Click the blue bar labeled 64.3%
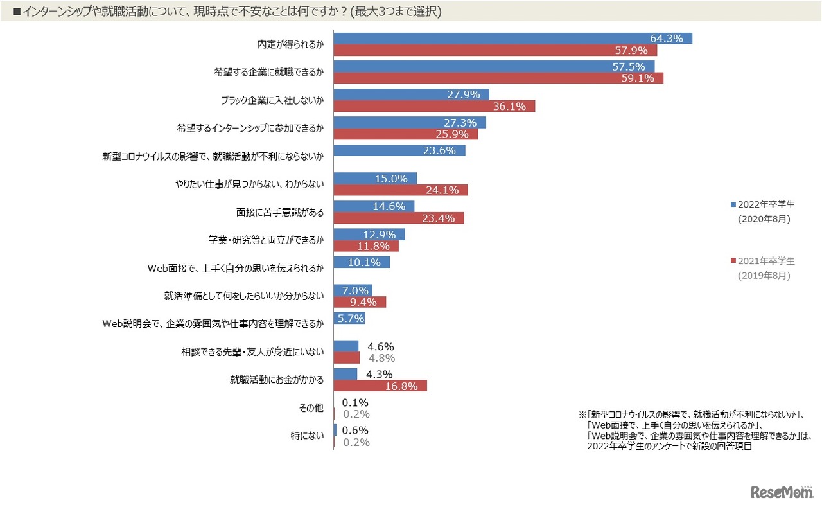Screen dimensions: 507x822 [x=512, y=39]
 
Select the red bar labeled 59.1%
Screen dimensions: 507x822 [x=498, y=78]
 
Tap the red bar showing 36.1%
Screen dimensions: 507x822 [x=434, y=106]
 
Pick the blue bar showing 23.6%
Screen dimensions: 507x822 [x=399, y=150]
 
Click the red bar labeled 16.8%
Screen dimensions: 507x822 [x=380, y=386]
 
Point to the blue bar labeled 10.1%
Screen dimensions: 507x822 [x=362, y=262]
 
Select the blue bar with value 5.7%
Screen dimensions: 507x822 [x=349, y=318]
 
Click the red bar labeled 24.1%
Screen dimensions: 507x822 [x=401, y=190]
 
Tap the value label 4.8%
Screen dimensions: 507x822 [x=381, y=358]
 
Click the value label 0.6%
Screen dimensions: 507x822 [x=355, y=431]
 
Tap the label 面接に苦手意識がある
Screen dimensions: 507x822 [x=280, y=212]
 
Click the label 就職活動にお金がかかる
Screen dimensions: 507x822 [x=276, y=380]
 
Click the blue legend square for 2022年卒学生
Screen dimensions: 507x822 [x=733, y=204]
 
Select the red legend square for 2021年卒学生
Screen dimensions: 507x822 [x=733, y=261]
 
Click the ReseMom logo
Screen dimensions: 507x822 [x=782, y=492]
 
